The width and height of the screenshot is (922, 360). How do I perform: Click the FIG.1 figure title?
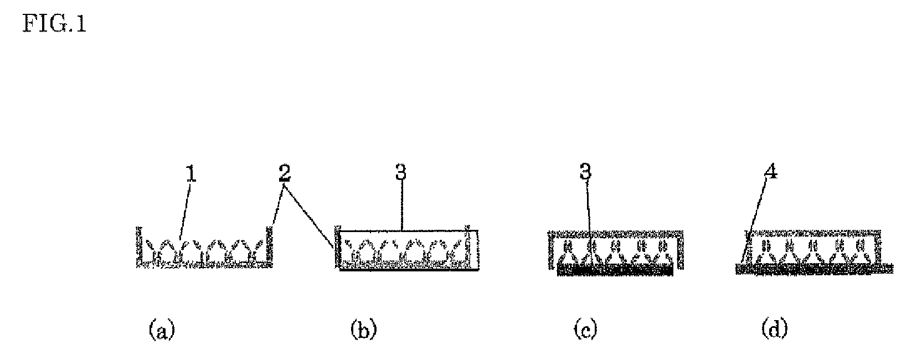tap(54, 25)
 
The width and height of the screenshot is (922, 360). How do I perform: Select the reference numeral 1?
tap(190, 175)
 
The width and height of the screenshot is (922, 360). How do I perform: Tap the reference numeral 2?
tap(284, 174)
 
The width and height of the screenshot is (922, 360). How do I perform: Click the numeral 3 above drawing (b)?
tap(400, 173)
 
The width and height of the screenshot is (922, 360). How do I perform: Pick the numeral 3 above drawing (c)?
tap(585, 173)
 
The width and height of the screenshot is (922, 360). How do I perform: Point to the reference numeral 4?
tap(771, 173)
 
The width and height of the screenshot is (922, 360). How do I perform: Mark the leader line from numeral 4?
tap(756, 222)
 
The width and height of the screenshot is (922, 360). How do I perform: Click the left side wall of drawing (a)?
tap(137, 246)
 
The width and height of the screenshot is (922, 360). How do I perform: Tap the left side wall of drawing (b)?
tap(336, 249)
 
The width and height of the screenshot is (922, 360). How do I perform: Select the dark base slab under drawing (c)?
tap(615, 270)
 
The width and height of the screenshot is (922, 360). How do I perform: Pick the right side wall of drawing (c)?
tap(679, 249)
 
